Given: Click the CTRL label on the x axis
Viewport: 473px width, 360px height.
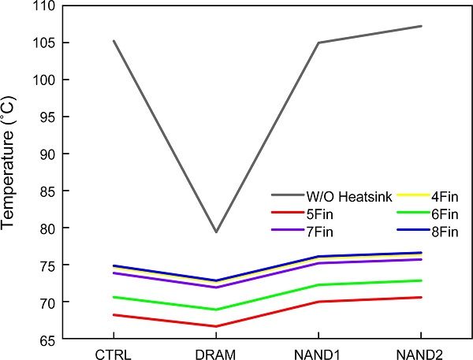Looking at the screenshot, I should (114, 354).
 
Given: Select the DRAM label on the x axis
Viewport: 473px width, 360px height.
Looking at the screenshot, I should (215, 354).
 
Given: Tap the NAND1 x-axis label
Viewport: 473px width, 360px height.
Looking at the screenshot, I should (318, 354).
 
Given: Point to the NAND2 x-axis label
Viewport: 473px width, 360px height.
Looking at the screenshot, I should (419, 354).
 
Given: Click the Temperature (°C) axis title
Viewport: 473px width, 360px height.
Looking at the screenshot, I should (11, 173).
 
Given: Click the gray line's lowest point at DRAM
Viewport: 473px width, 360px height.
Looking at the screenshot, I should (215, 232).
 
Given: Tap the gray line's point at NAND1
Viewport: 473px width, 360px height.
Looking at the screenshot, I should (318, 43).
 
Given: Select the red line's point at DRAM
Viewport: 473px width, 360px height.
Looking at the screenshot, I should (215, 326).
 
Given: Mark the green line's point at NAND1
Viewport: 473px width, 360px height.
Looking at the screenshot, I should (318, 284).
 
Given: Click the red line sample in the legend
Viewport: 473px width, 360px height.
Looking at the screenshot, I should (289, 213).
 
